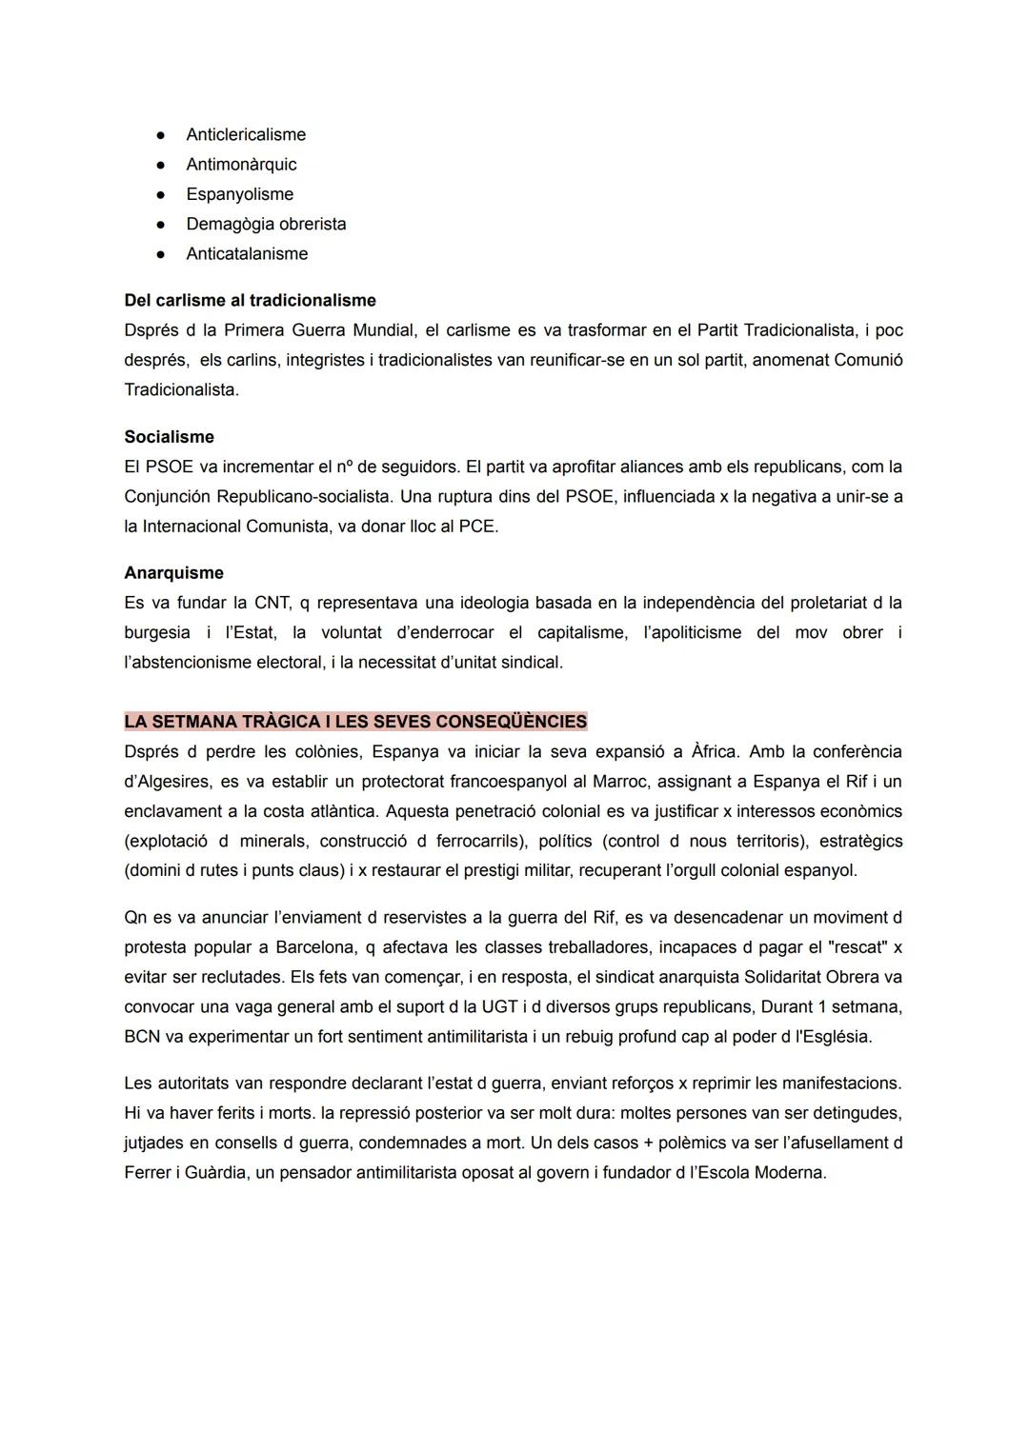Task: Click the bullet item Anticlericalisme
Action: tap(246, 134)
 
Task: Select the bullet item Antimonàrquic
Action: tap(241, 164)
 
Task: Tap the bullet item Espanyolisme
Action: tap(239, 194)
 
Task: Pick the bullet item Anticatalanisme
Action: tap(247, 253)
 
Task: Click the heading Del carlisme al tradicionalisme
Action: tap(250, 300)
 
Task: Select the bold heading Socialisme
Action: tap(169, 437)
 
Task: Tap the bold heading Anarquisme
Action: tap(173, 572)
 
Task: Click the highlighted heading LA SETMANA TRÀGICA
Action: tap(355, 721)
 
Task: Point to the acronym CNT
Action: tap(272, 603)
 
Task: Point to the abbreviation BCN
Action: tap(142, 1036)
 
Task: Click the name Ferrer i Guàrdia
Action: tap(184, 1172)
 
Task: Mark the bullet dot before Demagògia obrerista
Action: tap(162, 224)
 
